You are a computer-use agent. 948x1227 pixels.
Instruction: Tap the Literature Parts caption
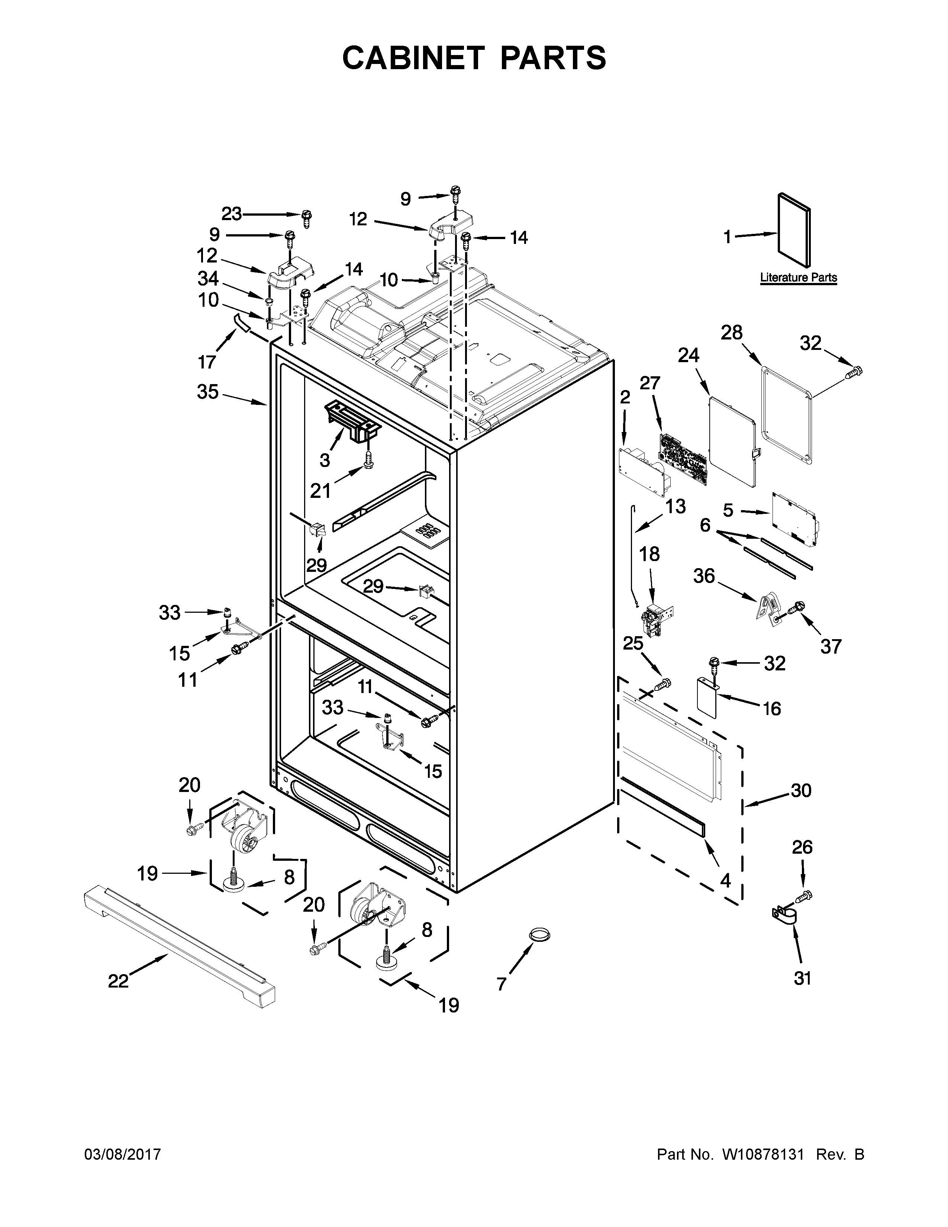click(798, 277)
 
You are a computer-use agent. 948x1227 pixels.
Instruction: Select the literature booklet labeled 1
click(794, 231)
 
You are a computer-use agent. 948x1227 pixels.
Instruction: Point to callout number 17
click(207, 362)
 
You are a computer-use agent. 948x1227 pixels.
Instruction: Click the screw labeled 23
click(307, 218)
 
